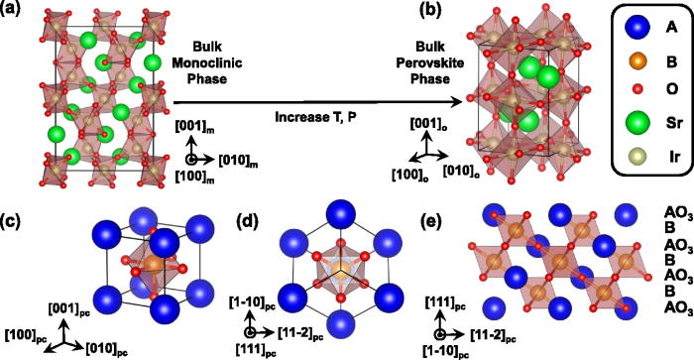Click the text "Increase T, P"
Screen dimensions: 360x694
coord(318,118)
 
